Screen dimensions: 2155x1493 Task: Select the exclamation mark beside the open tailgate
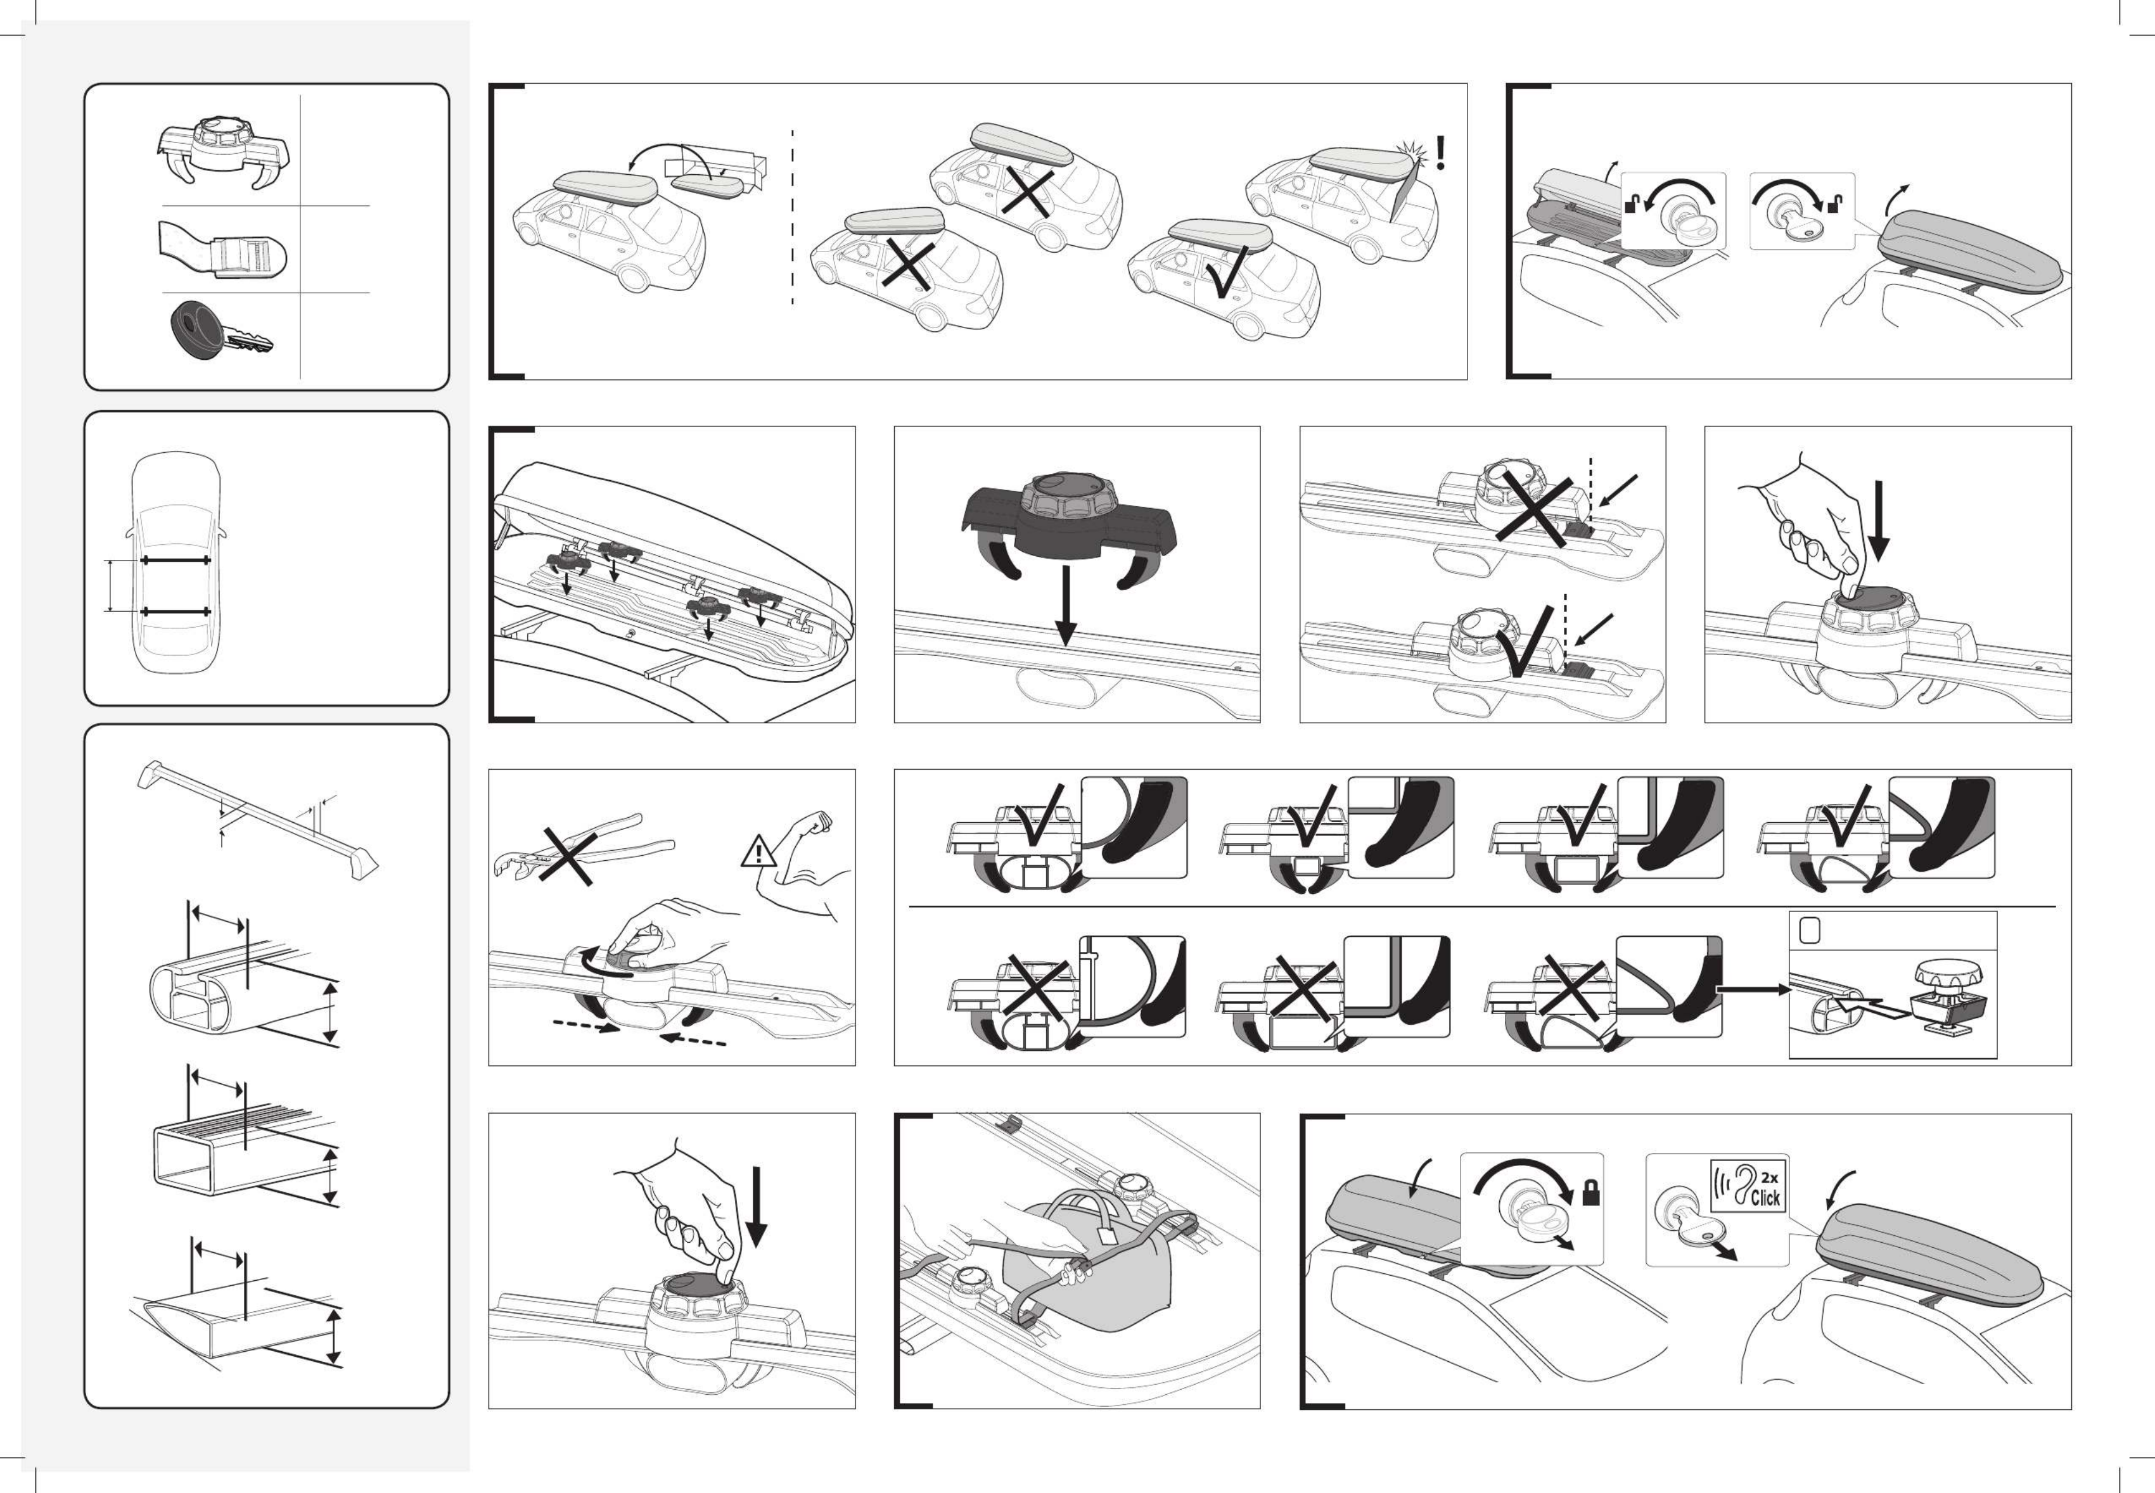[x=1440, y=153]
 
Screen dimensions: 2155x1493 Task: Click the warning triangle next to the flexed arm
[x=757, y=852]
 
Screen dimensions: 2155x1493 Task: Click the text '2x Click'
[x=1765, y=1187]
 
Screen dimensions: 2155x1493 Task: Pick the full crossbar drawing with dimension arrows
[x=257, y=818]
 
